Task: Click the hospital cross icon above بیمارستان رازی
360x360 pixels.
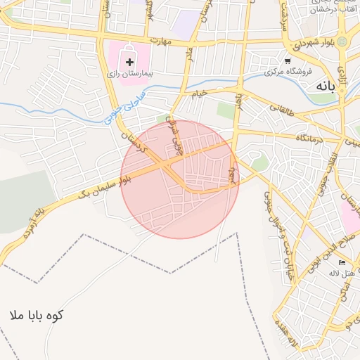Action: point(129,62)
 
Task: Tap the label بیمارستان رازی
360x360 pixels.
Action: point(129,73)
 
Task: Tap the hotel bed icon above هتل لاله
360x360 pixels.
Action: point(342,262)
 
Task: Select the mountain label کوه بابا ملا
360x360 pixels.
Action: point(37,315)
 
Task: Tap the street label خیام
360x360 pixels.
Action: point(200,93)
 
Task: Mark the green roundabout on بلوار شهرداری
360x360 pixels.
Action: point(342,42)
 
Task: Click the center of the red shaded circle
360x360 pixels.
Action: point(180,179)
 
